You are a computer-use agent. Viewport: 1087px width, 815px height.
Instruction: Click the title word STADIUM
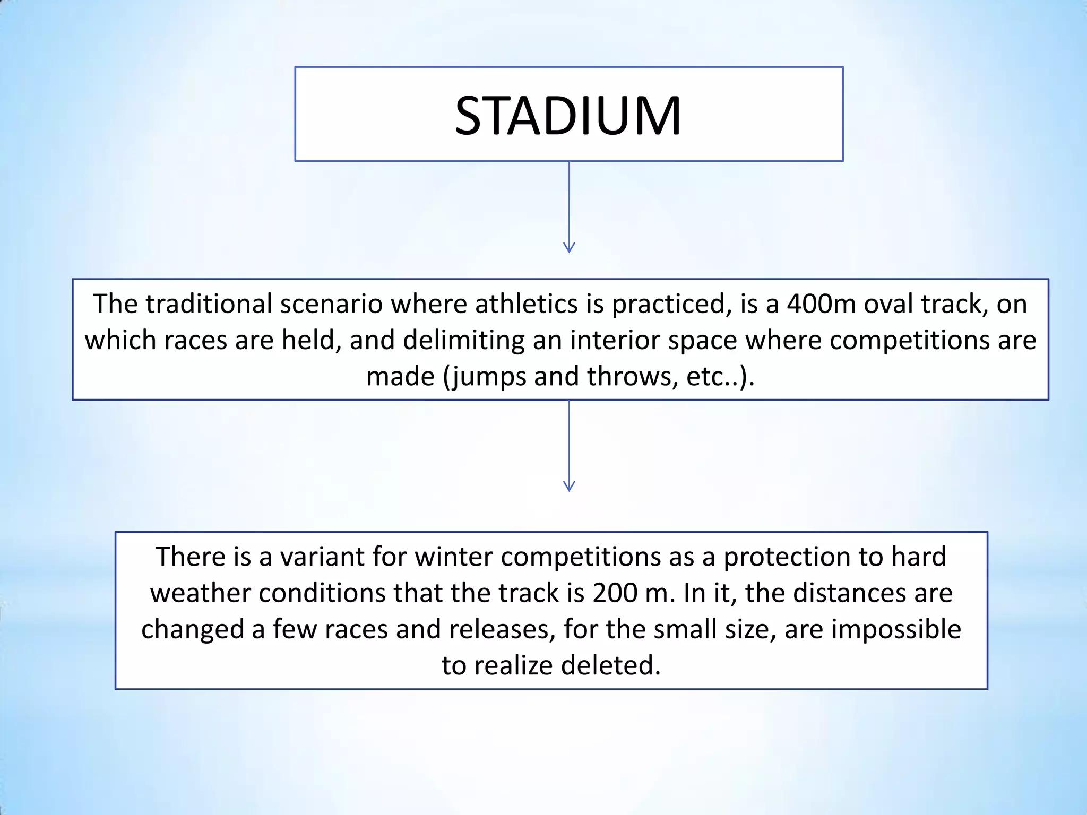[568, 116]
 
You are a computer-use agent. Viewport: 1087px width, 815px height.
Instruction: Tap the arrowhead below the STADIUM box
[569, 247]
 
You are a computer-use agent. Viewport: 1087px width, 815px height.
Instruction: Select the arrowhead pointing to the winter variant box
[569, 485]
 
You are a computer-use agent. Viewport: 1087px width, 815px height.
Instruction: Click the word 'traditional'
[209, 304]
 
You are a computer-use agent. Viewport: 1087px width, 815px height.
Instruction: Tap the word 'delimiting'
[463, 340]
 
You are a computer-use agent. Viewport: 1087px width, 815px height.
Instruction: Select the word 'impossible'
[896, 629]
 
